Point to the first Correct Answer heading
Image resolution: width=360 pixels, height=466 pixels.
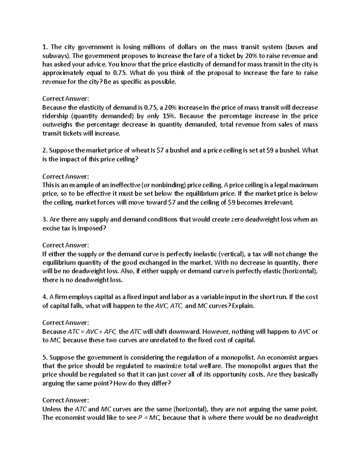click(66, 99)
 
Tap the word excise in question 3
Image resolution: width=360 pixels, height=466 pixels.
click(52, 228)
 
